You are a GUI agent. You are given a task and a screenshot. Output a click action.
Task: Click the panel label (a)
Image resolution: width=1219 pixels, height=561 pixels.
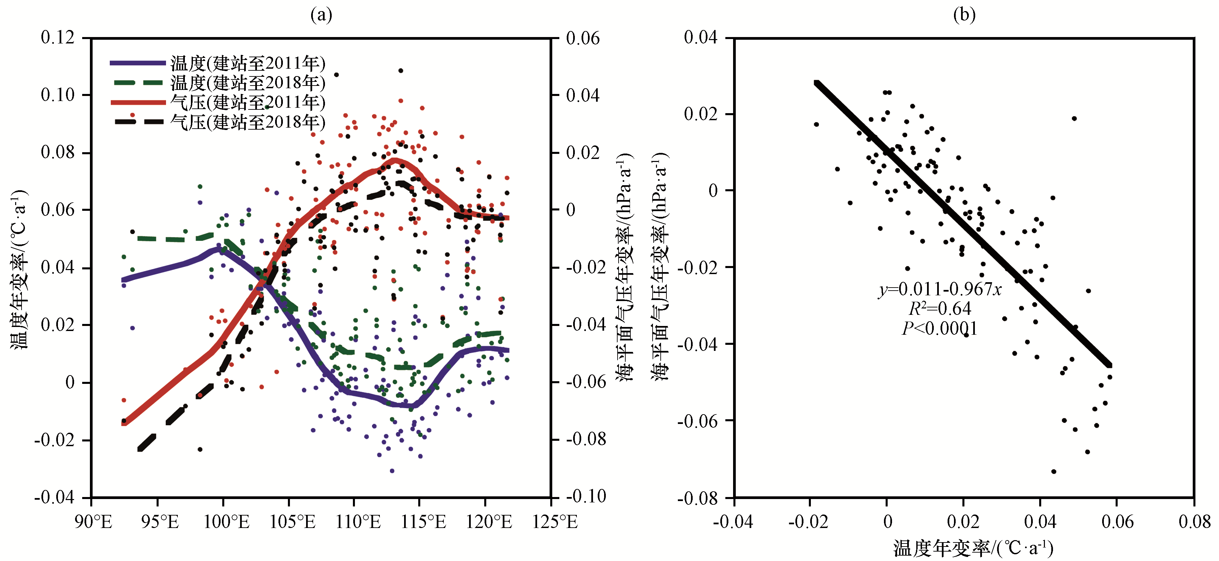pos(321,15)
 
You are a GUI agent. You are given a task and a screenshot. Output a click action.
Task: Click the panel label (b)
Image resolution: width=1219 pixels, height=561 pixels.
pos(964,15)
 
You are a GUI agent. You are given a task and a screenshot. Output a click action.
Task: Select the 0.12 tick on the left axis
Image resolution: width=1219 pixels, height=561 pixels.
pos(58,37)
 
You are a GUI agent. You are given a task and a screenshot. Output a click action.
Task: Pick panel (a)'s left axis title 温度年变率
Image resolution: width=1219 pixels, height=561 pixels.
pos(20,270)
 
